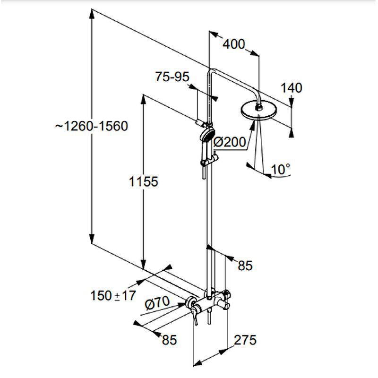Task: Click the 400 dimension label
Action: (233, 44)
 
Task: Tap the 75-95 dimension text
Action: (172, 77)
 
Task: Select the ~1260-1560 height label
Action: (92, 126)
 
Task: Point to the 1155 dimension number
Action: (144, 181)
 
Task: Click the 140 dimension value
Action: (291, 88)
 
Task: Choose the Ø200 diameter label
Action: (230, 142)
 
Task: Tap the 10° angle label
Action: (280, 169)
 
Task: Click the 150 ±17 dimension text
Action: (113, 296)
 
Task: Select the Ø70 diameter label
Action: (157, 303)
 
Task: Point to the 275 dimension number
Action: (245, 340)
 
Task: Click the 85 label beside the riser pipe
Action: (245, 266)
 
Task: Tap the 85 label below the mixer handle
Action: (169, 340)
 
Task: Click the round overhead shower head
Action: (258, 111)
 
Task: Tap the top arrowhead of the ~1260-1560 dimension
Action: (92, 15)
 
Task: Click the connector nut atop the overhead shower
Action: (258, 107)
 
